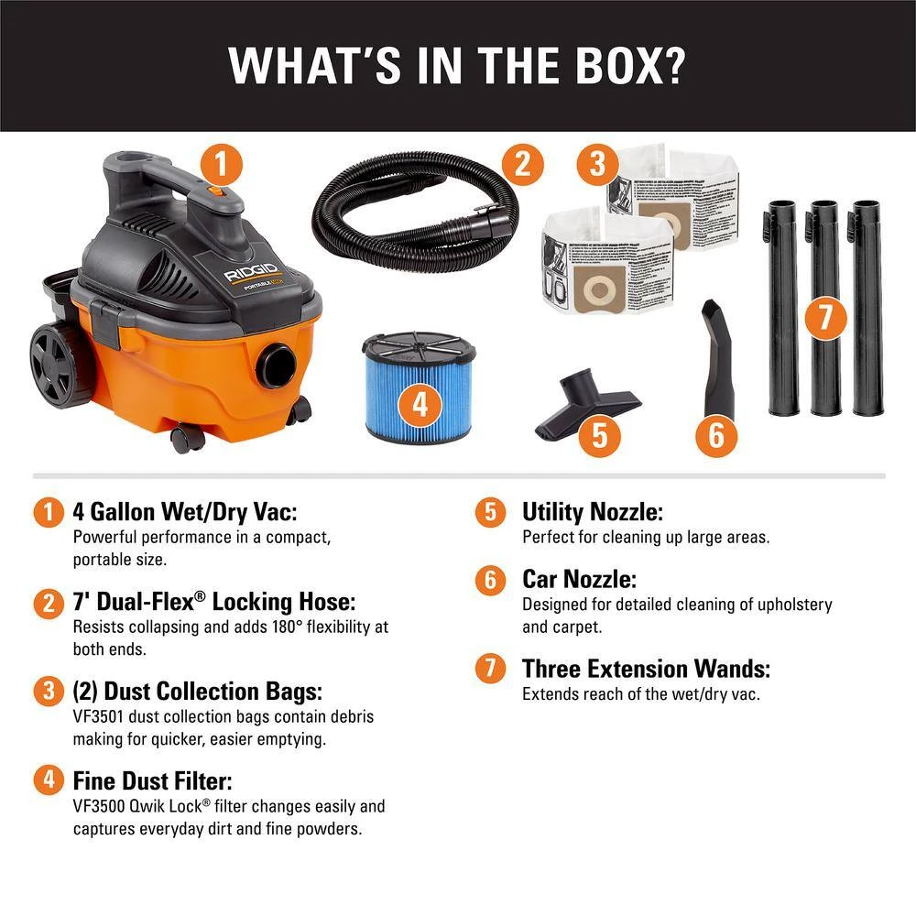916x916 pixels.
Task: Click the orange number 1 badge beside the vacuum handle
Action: click(x=221, y=167)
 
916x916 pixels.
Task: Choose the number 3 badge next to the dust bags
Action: click(x=597, y=166)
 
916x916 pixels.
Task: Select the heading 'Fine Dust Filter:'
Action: click(x=152, y=781)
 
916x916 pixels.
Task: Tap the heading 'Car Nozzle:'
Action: click(x=579, y=579)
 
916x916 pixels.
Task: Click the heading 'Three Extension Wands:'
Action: click(x=646, y=669)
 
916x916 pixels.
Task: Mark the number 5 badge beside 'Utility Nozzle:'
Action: click(x=491, y=512)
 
